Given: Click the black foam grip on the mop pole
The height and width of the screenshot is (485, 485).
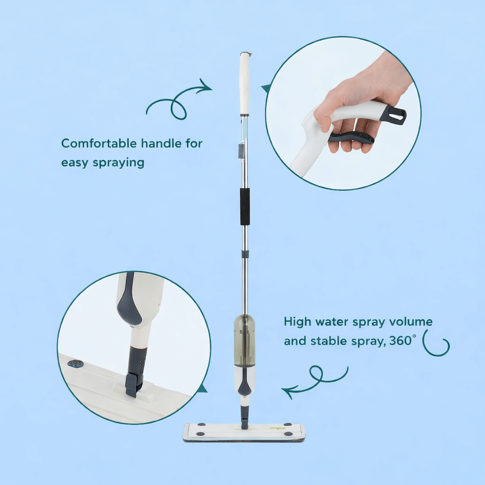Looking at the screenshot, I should click(244, 207).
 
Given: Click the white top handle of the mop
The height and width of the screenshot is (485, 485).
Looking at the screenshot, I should click(244, 83).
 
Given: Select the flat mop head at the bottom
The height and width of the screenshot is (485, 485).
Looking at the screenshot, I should click(244, 432).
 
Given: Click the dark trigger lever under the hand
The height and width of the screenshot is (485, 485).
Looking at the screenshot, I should click(351, 138).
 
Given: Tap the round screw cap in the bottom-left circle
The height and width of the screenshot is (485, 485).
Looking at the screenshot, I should click(75, 364).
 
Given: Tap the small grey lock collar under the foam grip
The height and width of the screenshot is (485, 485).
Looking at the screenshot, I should click(245, 254).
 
